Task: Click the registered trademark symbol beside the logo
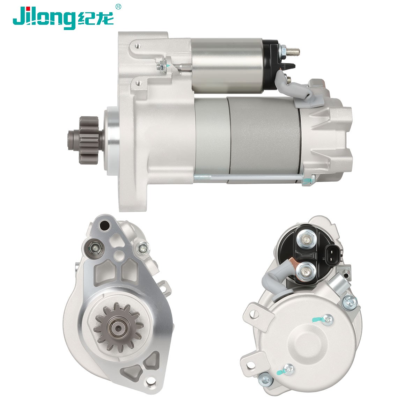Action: (118, 7)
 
